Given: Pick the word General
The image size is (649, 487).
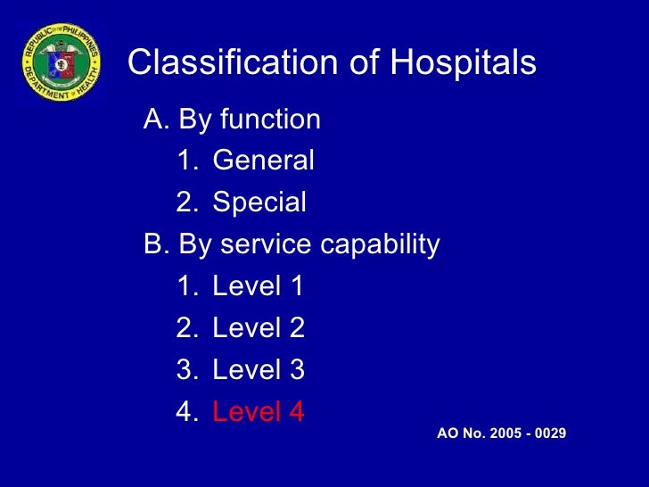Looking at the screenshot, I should (264, 161).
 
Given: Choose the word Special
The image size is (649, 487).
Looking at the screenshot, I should (259, 202).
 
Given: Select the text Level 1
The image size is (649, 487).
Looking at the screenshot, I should (259, 286).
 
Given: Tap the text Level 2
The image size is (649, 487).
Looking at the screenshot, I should (259, 328).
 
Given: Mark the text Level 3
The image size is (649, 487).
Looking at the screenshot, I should (259, 370).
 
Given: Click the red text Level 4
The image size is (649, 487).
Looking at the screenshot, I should (259, 412).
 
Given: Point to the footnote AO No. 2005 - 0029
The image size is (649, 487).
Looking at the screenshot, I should (502, 433).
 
